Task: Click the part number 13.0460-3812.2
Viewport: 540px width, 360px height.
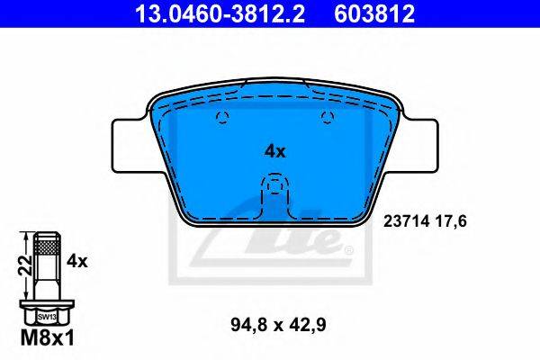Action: click(x=220, y=13)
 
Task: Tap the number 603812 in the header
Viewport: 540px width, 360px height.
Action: click(x=374, y=13)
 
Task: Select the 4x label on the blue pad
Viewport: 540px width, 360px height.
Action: click(x=274, y=151)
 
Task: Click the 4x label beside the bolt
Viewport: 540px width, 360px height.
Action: click(x=77, y=262)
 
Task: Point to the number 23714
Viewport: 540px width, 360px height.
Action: click(x=407, y=221)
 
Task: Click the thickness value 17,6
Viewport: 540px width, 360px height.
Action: click(x=452, y=221)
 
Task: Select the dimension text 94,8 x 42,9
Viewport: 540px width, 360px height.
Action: click(x=278, y=325)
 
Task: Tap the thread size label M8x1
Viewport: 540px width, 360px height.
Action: click(x=47, y=338)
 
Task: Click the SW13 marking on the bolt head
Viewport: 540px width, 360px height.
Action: click(x=47, y=316)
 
